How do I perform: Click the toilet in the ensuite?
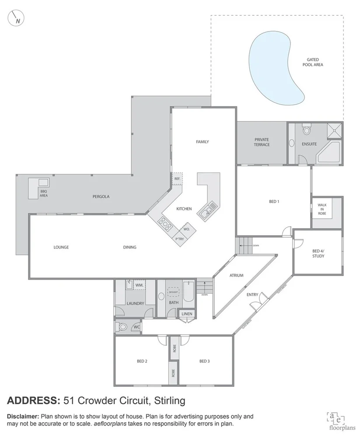(306, 130)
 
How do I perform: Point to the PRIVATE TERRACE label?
(262, 142)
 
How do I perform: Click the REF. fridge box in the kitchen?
(177, 179)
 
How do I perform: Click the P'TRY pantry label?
(179, 239)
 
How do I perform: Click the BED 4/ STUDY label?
(318, 253)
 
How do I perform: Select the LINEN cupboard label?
(187, 314)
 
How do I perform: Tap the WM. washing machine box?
(140, 285)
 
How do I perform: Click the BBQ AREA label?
(44, 193)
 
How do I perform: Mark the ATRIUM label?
(237, 275)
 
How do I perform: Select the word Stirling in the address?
(168, 400)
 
